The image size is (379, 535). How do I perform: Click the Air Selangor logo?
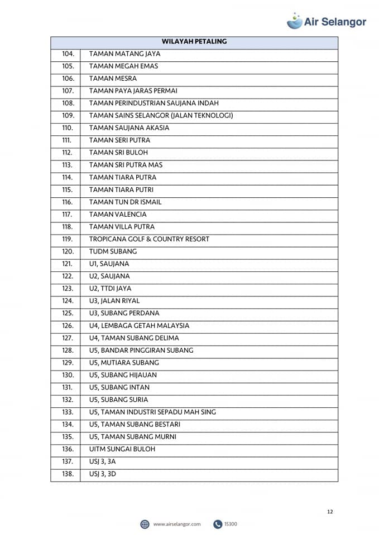coord(327,21)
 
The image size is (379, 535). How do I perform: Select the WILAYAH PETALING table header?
coord(194,42)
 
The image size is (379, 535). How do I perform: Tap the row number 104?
coord(68,54)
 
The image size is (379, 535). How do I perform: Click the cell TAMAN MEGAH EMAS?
coord(123,66)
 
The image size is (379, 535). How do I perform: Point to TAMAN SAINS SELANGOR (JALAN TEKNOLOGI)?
coord(161,116)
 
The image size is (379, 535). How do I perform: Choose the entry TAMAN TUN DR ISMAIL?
coord(125,202)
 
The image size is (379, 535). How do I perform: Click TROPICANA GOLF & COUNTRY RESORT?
coord(149,239)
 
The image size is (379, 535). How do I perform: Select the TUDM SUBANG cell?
coord(113,251)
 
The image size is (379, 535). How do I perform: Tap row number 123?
coord(68,289)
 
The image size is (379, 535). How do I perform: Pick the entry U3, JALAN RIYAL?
coord(114,301)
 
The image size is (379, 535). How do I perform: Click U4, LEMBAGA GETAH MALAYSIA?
coord(139,325)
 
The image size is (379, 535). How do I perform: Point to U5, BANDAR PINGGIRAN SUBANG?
coord(141,351)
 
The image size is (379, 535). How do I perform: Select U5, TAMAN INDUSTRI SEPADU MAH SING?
coord(152,412)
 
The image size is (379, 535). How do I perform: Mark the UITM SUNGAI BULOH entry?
coord(122,449)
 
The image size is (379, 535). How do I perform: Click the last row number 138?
coord(68,474)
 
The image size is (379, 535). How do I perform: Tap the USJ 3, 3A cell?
coord(103,461)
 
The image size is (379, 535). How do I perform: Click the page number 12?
coord(330,512)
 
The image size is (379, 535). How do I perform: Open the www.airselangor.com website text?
coord(176,524)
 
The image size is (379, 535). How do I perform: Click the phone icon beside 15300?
coord(218,524)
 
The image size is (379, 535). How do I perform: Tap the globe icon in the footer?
coord(145,524)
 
